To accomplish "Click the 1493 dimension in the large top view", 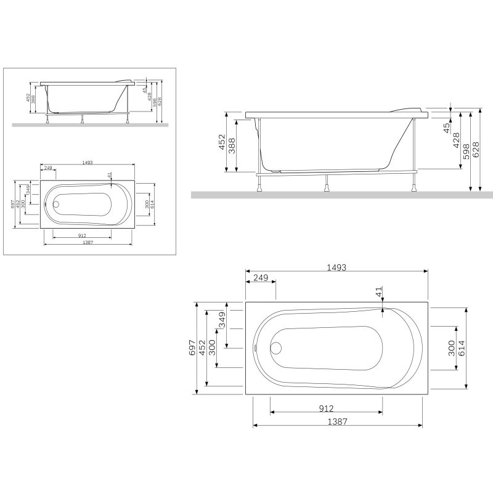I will point(336,268).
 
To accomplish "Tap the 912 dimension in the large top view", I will point(326,409).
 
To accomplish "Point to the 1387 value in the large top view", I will point(337,422).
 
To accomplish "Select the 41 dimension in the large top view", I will point(379,292).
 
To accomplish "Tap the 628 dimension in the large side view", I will point(476,150).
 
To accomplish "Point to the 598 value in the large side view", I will point(467,150).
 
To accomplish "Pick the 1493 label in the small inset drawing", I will point(87,163).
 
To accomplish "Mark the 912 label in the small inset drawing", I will point(82,234).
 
